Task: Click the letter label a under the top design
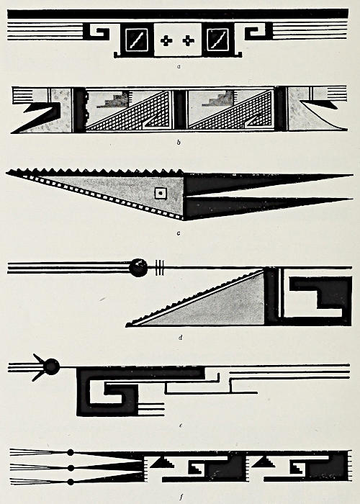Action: coord(179,67)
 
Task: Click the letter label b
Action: coord(179,142)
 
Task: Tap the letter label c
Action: coord(179,233)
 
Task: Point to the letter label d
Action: coord(181,337)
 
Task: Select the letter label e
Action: coord(181,426)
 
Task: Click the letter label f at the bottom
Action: coord(181,498)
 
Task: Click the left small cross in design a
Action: coord(166,41)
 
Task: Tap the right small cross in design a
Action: coord(189,41)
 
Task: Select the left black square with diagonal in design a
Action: coord(136,40)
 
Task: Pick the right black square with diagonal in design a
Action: coord(218,40)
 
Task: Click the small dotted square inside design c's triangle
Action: coord(161,194)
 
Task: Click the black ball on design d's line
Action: coord(138,267)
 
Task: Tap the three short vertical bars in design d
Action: coord(160,268)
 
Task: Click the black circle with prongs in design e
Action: coord(48,367)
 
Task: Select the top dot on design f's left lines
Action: coord(71,453)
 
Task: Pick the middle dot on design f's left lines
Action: coord(71,468)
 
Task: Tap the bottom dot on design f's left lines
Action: coord(71,482)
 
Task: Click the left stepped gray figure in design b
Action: coord(114,99)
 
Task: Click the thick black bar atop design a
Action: coord(178,14)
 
